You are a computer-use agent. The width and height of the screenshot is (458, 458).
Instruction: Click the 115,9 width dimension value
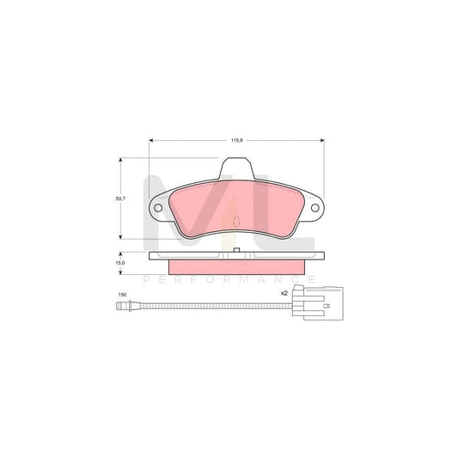click(235, 132)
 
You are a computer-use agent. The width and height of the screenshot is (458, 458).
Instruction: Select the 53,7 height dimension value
click(122, 198)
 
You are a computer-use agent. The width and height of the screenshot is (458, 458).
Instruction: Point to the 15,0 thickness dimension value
click(122, 262)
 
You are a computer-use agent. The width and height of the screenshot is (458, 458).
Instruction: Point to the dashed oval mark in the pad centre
click(235, 222)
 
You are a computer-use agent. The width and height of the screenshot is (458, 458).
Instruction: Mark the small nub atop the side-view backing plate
click(235, 252)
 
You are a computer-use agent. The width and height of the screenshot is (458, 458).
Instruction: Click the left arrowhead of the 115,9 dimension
click(150, 140)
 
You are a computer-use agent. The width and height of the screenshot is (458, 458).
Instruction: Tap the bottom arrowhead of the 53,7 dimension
click(120, 236)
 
